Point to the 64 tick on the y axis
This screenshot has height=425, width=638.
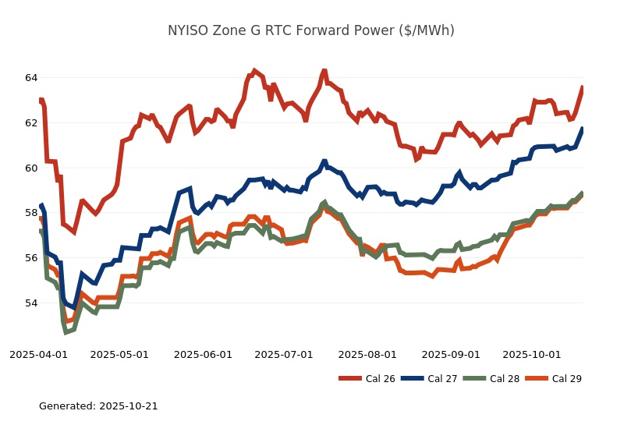[x=30, y=78]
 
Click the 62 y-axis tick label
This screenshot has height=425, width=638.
[x=30, y=123]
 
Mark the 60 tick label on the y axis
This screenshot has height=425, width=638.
[x=30, y=168]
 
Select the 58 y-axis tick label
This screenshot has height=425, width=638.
[x=30, y=213]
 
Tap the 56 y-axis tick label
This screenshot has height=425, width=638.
[x=30, y=258]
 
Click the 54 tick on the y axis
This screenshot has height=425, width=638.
[x=30, y=303]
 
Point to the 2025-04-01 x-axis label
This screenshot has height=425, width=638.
[x=38, y=354]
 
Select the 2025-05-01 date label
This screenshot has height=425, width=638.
[x=119, y=354]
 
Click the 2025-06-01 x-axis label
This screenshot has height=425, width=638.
[x=203, y=354]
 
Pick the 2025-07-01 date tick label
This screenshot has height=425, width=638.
[x=284, y=354]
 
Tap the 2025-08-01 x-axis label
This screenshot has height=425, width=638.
[x=367, y=354]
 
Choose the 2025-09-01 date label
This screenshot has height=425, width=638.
[x=451, y=354]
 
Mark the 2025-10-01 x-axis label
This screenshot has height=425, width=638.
[x=532, y=354]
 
